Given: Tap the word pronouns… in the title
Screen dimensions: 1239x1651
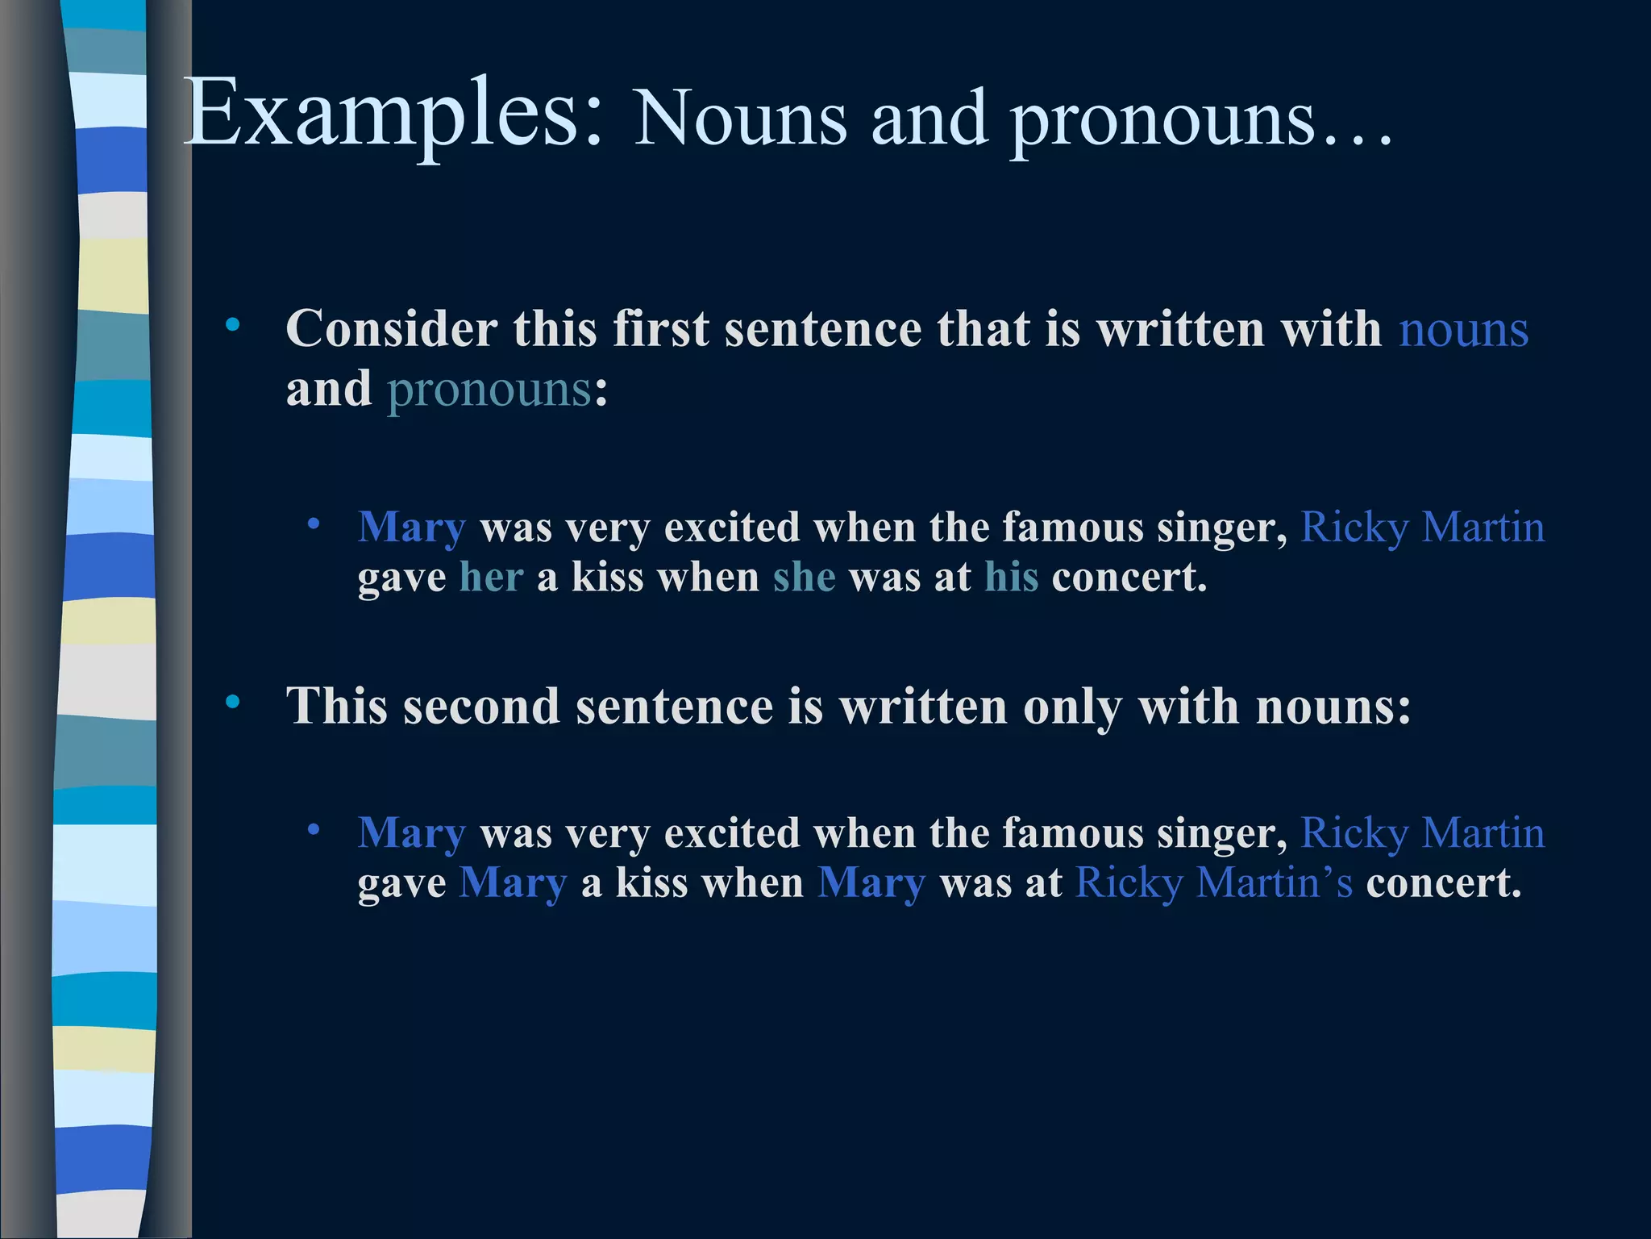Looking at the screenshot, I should point(1201,121).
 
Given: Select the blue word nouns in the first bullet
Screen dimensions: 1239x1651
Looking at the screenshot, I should point(1463,330).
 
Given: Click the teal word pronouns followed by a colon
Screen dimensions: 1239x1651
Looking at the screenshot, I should point(490,390).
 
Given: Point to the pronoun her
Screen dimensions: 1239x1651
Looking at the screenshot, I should point(491,578).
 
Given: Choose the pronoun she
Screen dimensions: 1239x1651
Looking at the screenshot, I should point(804,578).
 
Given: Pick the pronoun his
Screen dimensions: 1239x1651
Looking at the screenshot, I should point(1011,578).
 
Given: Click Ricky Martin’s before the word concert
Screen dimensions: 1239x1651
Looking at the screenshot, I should point(1214,882).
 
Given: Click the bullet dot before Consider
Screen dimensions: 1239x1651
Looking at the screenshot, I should point(233,325).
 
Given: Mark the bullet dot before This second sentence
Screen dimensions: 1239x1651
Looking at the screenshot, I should point(233,702).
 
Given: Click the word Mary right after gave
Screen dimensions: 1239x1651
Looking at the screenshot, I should point(513,882).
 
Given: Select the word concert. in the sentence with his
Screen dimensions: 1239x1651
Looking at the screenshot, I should point(1129,578).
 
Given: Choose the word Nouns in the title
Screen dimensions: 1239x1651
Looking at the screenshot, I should point(740,121).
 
